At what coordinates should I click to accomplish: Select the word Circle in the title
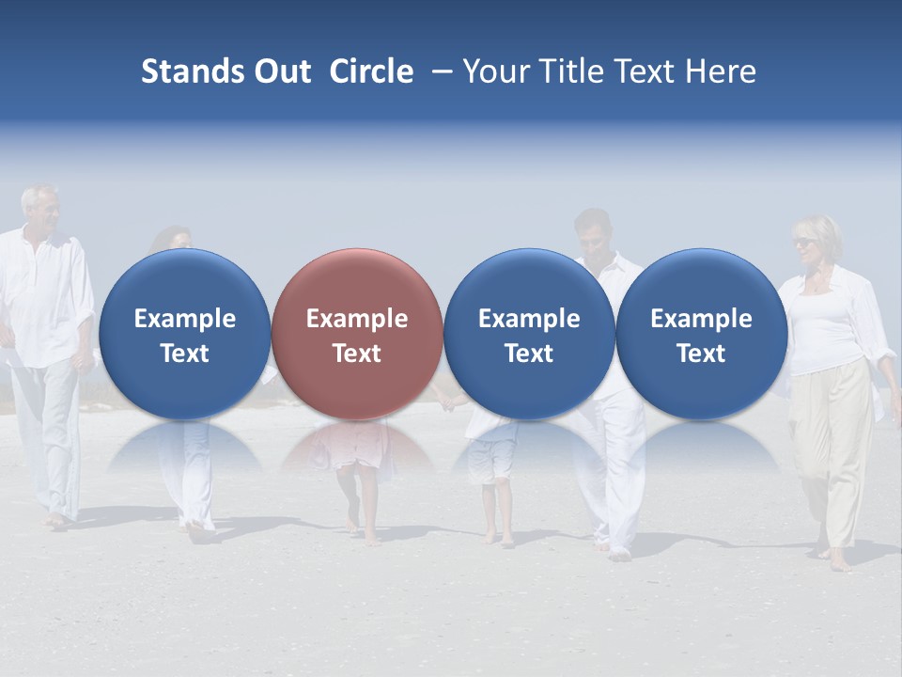coord(371,71)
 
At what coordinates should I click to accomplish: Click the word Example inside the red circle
coord(357,319)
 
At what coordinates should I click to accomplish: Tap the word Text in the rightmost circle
coord(701,354)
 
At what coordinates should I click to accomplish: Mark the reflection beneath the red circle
coord(357,447)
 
